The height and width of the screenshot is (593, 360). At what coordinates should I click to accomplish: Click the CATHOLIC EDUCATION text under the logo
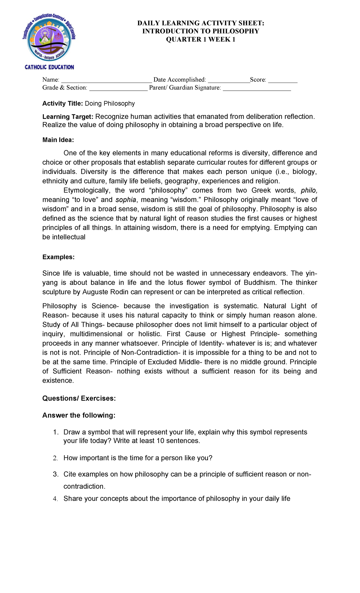(49, 67)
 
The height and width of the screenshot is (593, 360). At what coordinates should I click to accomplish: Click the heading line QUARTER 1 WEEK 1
(200, 39)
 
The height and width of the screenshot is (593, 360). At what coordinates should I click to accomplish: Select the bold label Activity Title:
(62, 104)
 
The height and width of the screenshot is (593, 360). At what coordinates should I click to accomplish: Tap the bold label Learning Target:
(68, 117)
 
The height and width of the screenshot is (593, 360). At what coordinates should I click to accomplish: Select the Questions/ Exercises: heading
(79, 398)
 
